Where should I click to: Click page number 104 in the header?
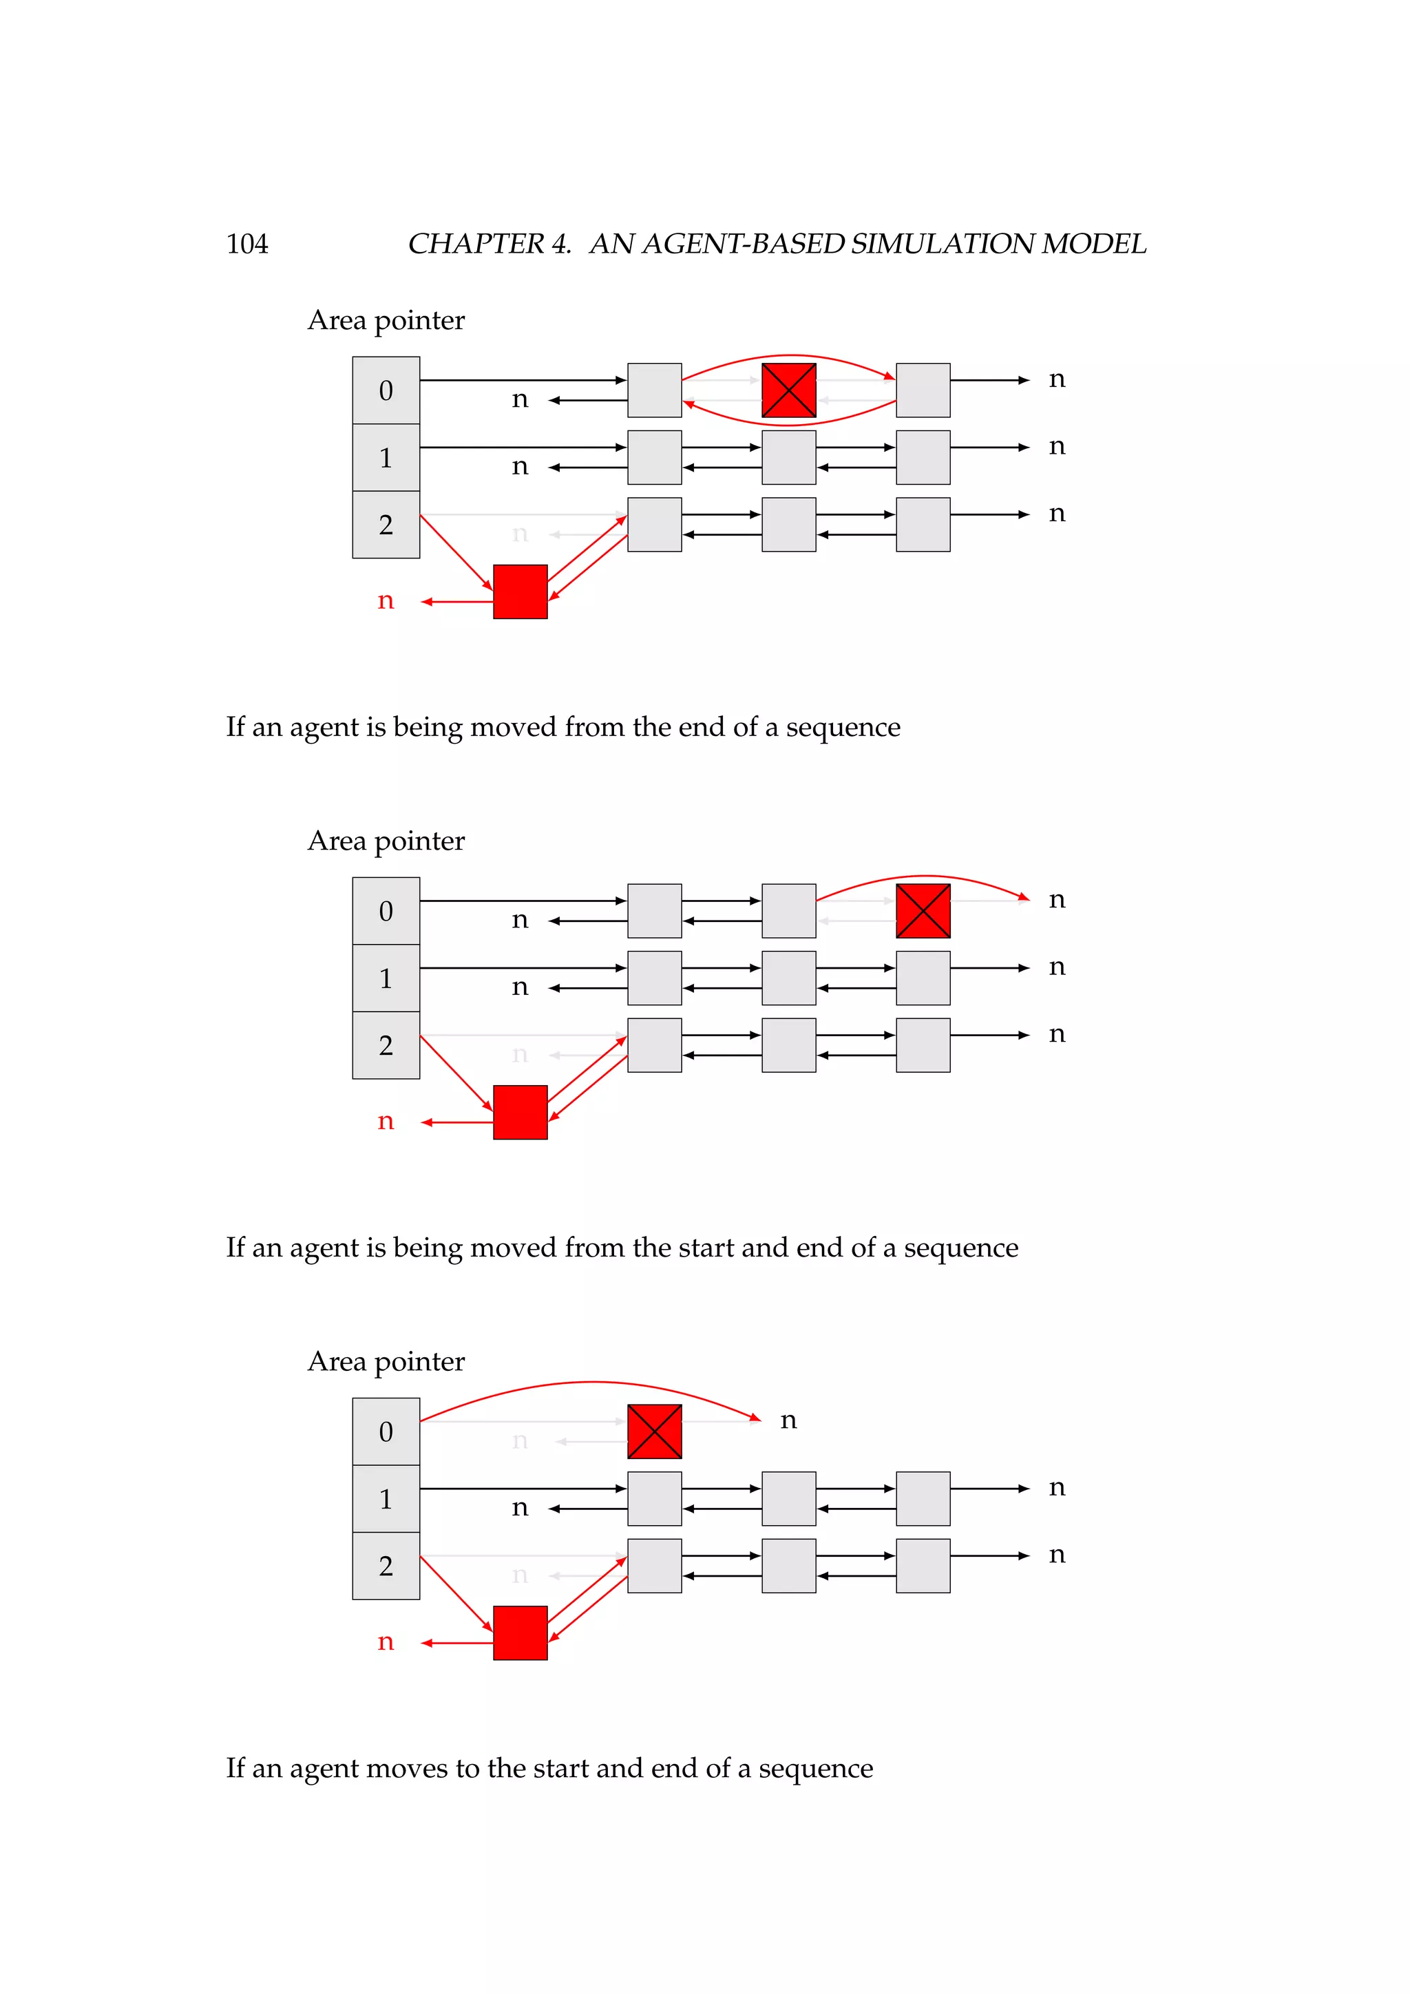(246, 244)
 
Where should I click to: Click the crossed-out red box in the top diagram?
(788, 390)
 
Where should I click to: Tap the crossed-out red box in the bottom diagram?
(654, 1431)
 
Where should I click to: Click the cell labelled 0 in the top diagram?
(386, 391)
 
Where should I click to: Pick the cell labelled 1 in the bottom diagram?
(386, 1498)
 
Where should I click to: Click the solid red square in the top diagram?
(520, 591)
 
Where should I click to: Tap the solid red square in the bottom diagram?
(520, 1633)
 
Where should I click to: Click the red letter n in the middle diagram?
(386, 1121)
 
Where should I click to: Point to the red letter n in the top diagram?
(386, 601)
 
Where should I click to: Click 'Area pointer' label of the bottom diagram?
(386, 1361)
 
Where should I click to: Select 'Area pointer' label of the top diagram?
(386, 320)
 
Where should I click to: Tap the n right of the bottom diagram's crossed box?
(788, 1420)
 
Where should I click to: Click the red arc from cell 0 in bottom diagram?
(591, 1382)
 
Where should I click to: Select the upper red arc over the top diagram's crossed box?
(788, 355)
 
